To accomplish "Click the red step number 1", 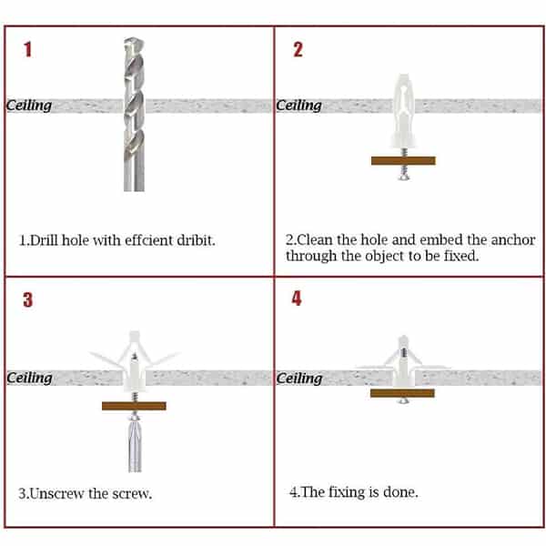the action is [x=27, y=49].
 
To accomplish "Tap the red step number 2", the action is [x=298, y=49].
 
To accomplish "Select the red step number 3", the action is [x=28, y=299].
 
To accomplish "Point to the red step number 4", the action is [x=297, y=298].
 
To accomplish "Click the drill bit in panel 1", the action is [x=134, y=115].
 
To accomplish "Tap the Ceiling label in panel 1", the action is [x=29, y=106].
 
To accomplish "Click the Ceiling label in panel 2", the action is [x=298, y=106].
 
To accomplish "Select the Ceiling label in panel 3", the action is [x=29, y=378].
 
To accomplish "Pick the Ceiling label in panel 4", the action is [x=299, y=379].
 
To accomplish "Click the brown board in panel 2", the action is [x=403, y=160].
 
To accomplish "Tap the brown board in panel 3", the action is [x=134, y=406].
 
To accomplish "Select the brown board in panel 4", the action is [x=402, y=393].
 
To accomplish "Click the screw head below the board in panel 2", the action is [x=404, y=177].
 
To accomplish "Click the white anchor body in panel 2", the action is [x=403, y=111].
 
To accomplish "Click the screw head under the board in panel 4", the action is [x=403, y=400].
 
